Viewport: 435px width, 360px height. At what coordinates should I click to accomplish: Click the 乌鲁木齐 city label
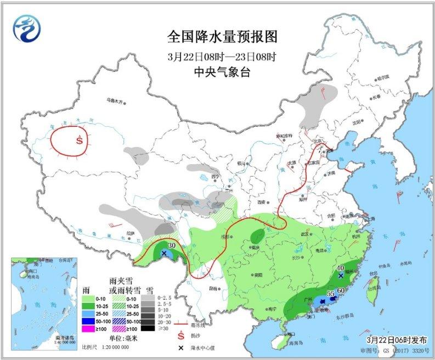116,101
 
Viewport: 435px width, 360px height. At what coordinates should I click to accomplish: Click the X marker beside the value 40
341,276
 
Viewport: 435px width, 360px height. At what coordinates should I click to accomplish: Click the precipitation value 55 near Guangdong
330,294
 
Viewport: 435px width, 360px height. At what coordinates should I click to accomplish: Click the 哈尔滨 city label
383,77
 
